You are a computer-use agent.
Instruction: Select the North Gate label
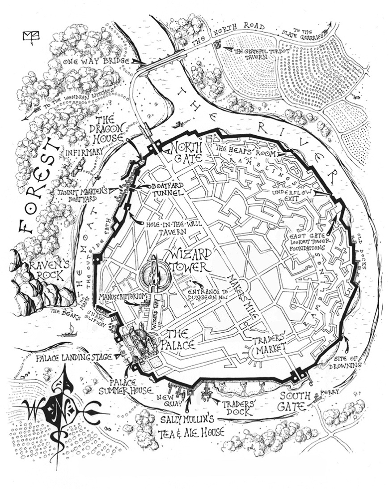click(x=186, y=152)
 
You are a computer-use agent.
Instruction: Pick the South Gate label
click(x=294, y=401)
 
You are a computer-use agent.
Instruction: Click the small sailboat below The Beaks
click(x=67, y=334)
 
